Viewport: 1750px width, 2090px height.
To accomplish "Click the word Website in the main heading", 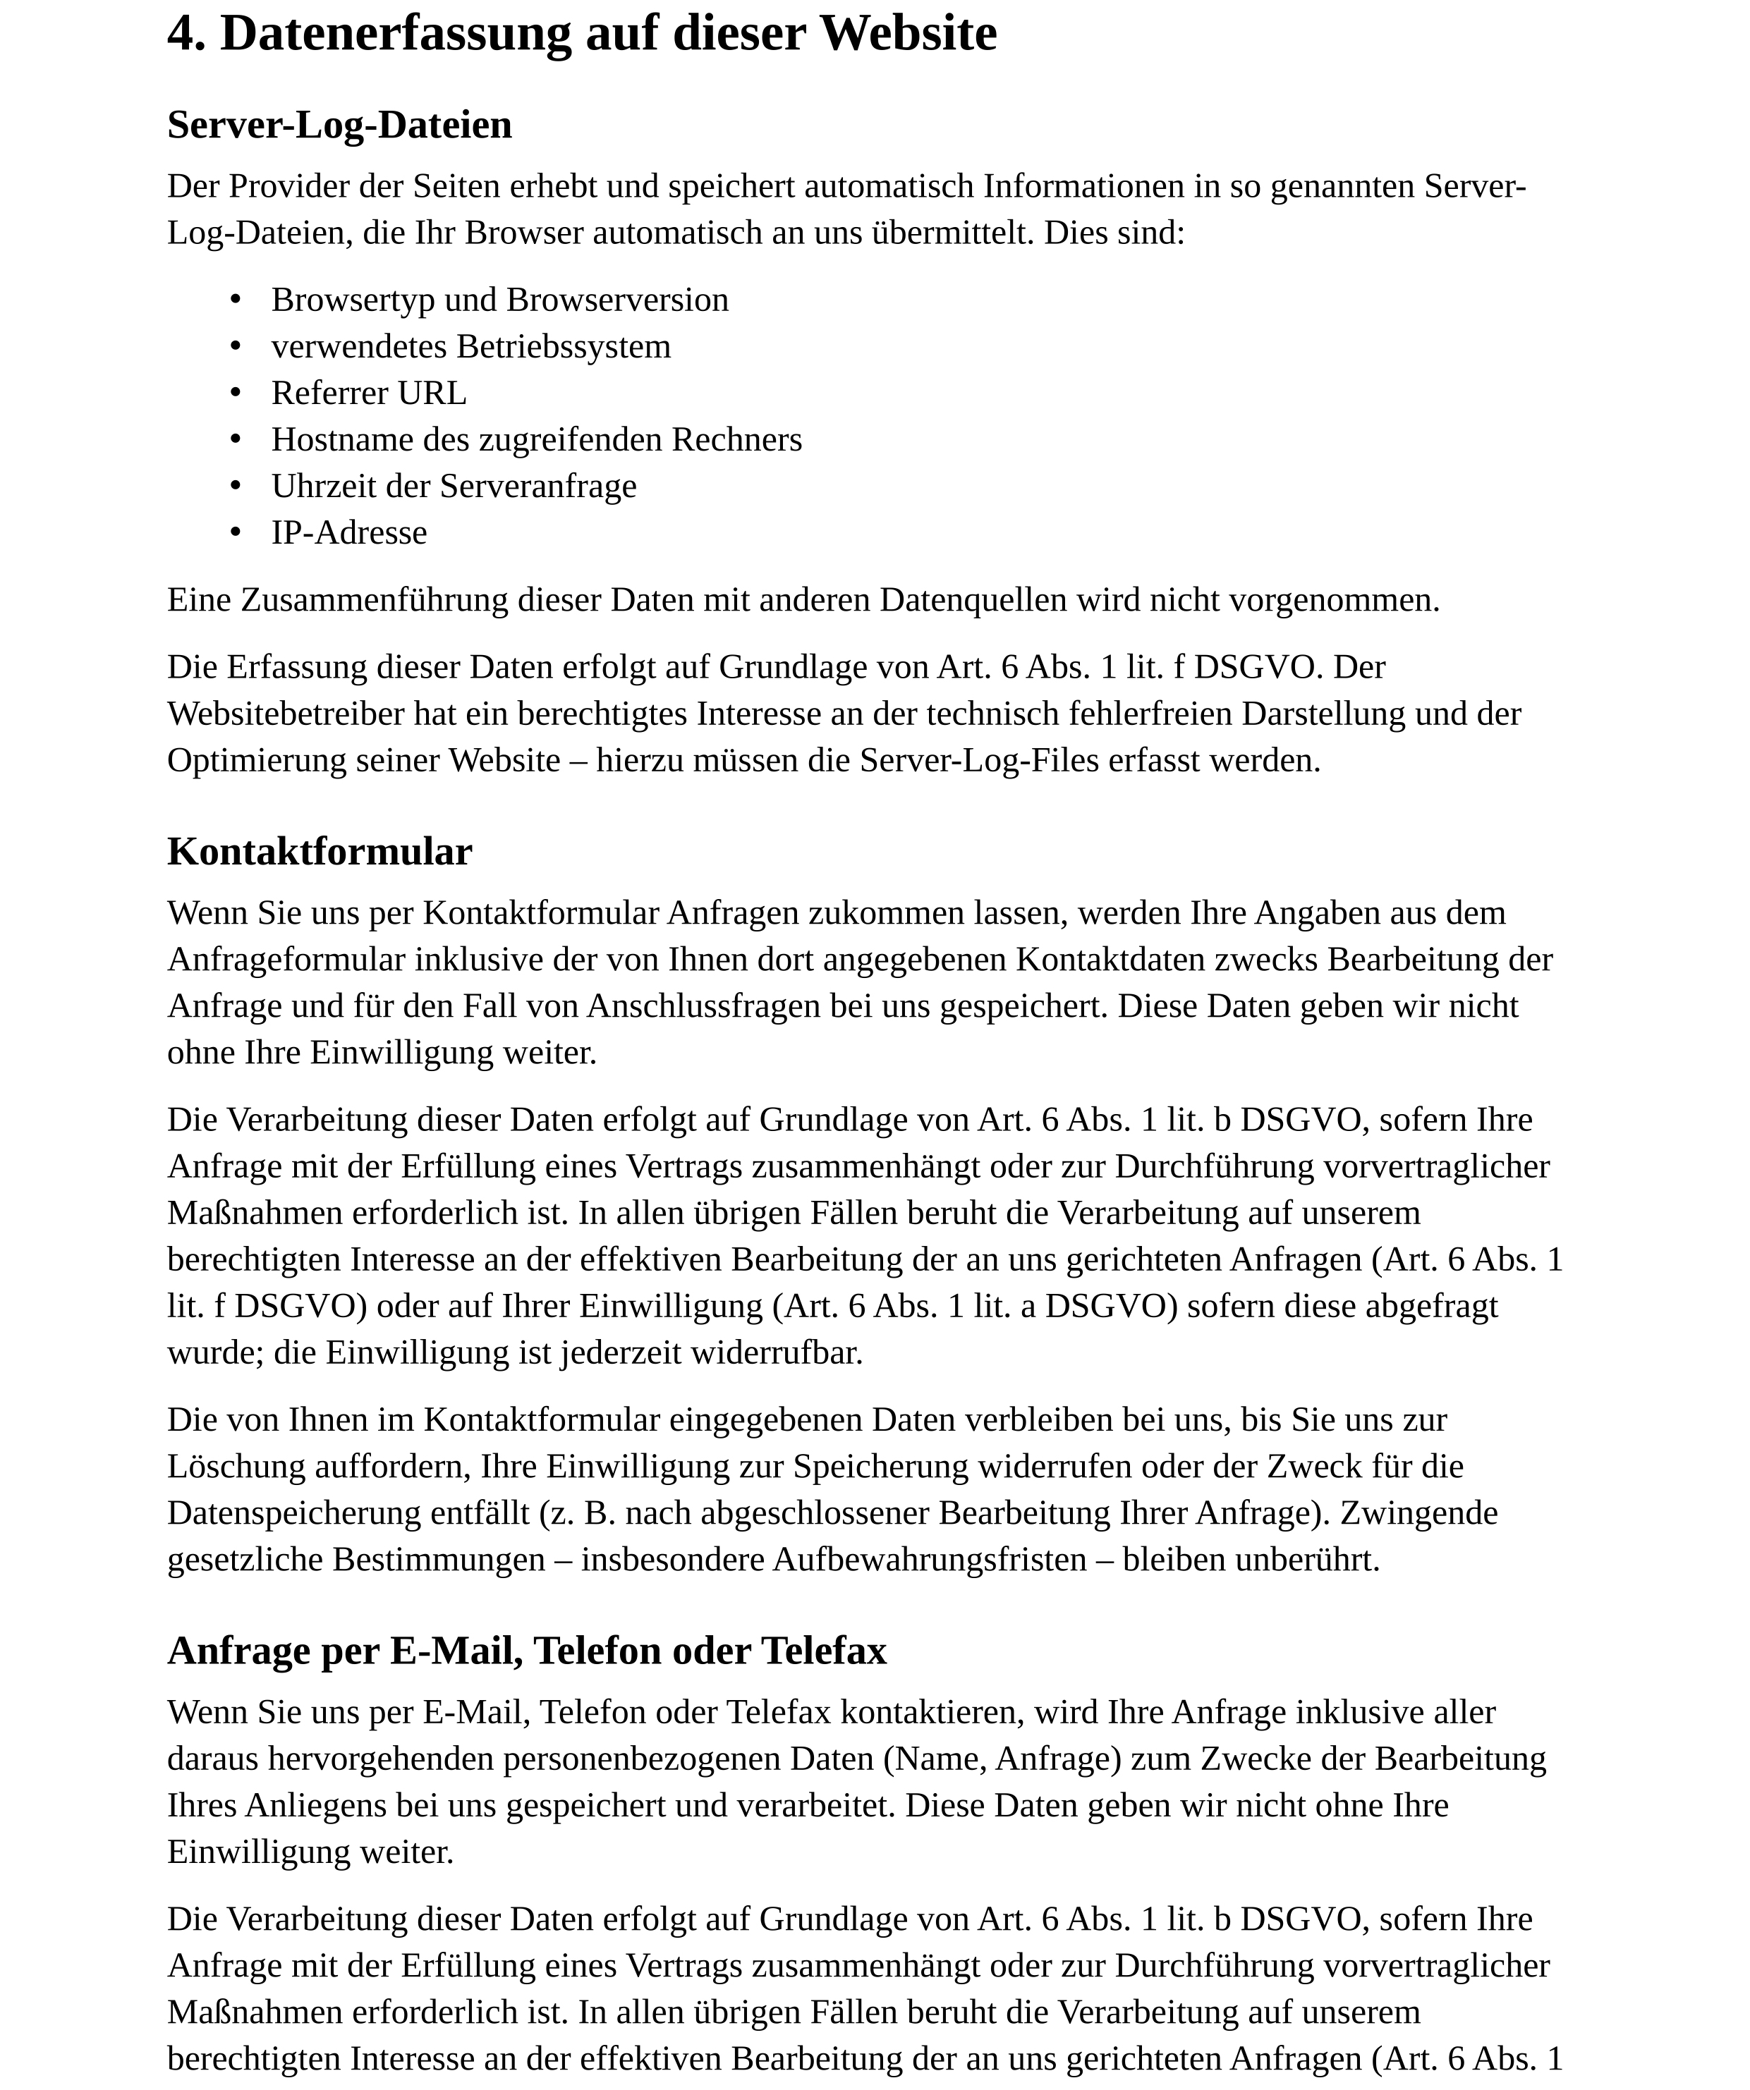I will click(x=907, y=34).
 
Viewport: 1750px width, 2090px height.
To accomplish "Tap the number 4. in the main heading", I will click(x=186, y=34).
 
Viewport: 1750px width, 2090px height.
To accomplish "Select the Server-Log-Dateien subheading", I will click(x=339, y=126).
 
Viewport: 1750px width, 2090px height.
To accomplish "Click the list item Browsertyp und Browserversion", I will click(x=499, y=300).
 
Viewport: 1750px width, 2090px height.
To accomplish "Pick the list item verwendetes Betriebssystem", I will click(x=471, y=346).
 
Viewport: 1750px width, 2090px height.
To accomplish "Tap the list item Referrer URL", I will click(x=368, y=393).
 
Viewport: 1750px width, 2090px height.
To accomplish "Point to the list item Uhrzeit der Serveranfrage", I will click(x=454, y=486).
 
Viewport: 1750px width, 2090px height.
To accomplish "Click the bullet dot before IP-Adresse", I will click(x=236, y=532).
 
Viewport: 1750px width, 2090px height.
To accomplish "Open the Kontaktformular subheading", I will click(x=320, y=852).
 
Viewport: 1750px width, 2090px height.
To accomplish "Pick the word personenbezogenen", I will click(x=641, y=1759).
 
